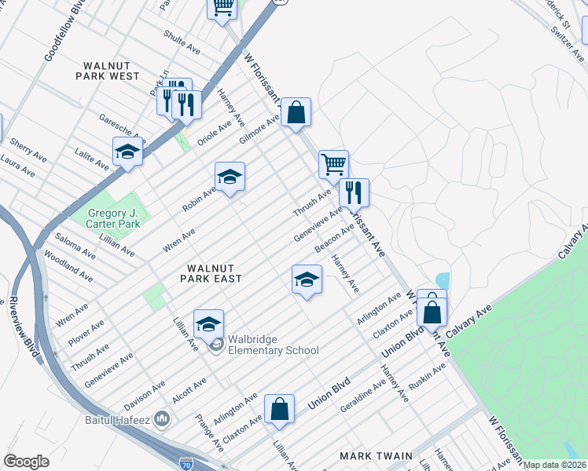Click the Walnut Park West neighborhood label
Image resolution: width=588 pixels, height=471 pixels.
coord(108,71)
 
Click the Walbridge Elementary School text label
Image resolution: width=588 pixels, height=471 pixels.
coord(273,345)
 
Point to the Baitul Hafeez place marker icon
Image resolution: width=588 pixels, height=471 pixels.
coord(162,418)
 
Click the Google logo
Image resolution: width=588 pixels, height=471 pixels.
coord(26,462)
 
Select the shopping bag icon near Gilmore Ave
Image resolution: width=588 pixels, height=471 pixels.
coord(296,113)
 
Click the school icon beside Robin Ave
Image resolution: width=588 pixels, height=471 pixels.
coord(230,177)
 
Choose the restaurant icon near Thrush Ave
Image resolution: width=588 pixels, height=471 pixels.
coord(354,192)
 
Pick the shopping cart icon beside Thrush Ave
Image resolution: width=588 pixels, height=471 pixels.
coord(333,165)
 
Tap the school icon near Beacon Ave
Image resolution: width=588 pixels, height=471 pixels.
coord(307,279)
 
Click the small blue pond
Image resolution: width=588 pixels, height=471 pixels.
coord(441,280)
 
